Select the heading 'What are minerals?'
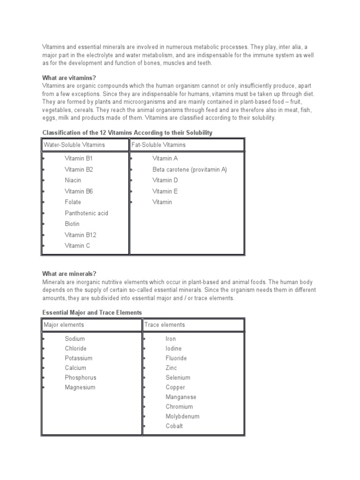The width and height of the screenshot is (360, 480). [69, 273]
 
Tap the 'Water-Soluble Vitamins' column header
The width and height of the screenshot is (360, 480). [74, 145]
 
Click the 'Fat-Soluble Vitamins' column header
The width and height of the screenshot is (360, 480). [158, 145]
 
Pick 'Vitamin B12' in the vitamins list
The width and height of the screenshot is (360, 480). [81, 235]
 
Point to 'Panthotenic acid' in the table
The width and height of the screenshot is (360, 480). [86, 213]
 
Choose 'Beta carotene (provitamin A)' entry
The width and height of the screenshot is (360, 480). [189, 169]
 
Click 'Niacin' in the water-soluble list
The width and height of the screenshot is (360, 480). [73, 180]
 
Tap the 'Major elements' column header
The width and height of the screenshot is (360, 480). [64, 324]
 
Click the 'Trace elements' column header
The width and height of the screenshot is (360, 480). [165, 324]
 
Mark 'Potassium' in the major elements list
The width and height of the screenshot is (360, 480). [78, 358]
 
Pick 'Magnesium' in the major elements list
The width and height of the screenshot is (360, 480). [80, 387]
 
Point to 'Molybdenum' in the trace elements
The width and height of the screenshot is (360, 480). [182, 416]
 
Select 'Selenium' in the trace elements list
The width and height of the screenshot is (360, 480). [178, 377]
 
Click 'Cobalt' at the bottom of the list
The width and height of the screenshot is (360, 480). [174, 426]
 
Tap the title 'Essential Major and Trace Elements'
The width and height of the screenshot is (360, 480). [92, 312]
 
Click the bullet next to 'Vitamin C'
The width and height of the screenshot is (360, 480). [43, 246]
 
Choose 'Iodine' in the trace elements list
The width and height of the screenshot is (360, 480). [173, 348]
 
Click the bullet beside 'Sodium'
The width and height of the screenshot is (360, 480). [43, 339]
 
